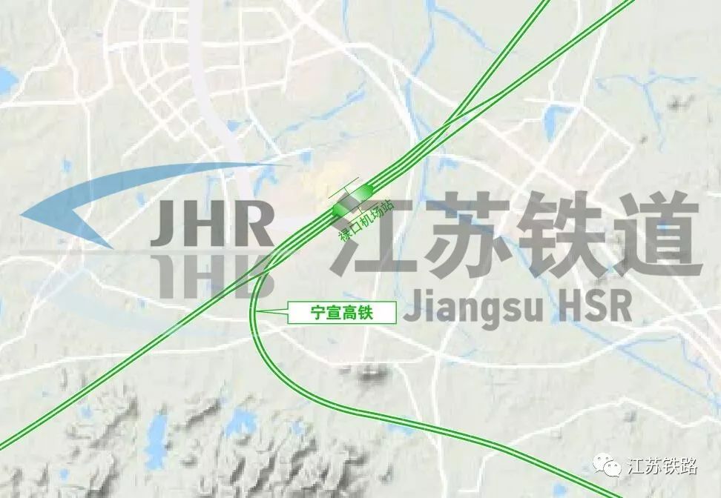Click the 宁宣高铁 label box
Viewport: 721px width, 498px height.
[340, 313]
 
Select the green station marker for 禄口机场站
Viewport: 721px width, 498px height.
[352, 200]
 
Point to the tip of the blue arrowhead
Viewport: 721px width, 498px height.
[22, 216]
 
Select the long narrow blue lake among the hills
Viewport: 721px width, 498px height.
[157, 436]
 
